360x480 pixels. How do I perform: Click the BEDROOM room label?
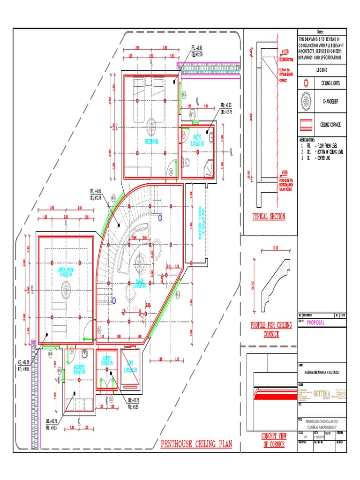[x=151, y=141]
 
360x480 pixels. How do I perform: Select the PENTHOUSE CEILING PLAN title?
[x=197, y=444]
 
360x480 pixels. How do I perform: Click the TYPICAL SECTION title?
[x=269, y=217]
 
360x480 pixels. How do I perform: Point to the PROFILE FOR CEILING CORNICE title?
[x=272, y=330]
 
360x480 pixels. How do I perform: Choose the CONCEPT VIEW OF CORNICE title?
[x=273, y=440]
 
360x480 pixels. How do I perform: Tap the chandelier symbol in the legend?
[x=306, y=102]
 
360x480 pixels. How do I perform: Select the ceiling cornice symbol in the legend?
[x=306, y=125]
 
